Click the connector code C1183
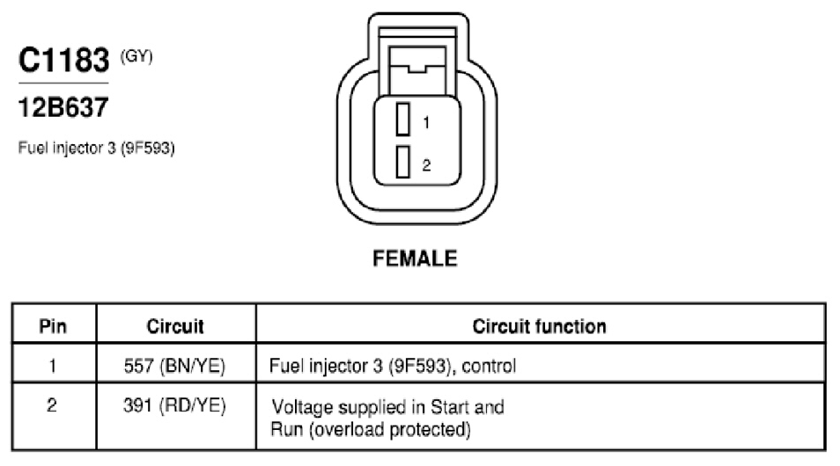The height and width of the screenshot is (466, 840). point(63,60)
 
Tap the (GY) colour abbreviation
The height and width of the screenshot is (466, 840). point(136,55)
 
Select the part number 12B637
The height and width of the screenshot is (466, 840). point(63,107)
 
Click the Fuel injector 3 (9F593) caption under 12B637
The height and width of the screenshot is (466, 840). point(97,148)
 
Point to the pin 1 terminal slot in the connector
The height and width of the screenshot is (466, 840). point(403,119)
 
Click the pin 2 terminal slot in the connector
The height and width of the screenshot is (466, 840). point(403,162)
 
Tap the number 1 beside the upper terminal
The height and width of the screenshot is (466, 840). point(426,123)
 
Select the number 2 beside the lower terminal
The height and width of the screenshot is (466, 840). point(426,164)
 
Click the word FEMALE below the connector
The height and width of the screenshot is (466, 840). point(416,258)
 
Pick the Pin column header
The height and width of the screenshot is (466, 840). point(53,326)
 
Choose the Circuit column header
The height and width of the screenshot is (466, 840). point(175,326)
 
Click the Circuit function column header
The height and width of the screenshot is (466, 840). point(540,326)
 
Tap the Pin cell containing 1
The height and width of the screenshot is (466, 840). point(53,366)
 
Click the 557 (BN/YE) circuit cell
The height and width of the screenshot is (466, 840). point(174,366)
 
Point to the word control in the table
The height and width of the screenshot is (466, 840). point(489,366)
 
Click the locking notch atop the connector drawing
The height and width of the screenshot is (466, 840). point(417,69)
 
